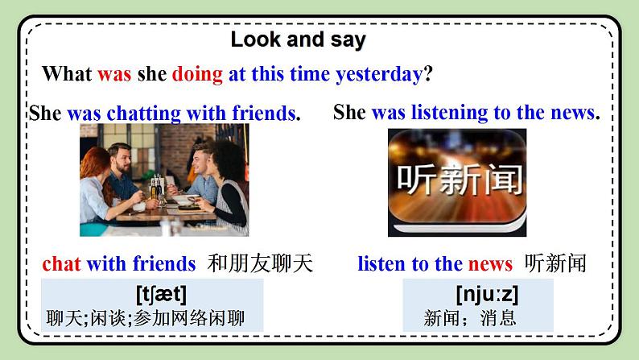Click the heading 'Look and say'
tap(298, 39)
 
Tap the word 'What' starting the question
tap(67, 74)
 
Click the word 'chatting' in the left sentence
tap(142, 114)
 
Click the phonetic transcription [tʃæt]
tap(161, 293)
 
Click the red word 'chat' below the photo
tap(61, 263)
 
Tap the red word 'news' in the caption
tap(489, 263)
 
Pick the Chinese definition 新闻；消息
tap(470, 317)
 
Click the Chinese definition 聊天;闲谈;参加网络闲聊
tap(145, 317)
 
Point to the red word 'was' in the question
tap(113, 74)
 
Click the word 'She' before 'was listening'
tap(349, 113)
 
